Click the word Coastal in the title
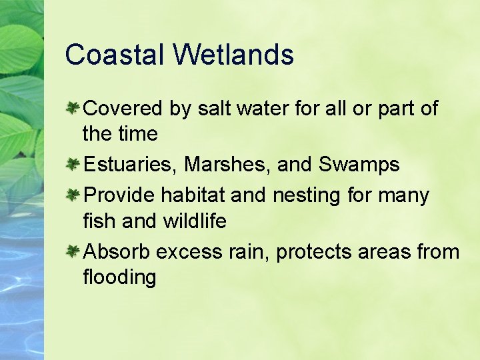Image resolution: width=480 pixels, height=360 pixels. click(114, 55)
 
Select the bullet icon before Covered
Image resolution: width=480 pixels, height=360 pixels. click(73, 108)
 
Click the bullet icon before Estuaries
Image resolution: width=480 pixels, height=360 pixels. click(73, 164)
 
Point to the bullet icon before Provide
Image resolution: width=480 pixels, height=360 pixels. click(73, 195)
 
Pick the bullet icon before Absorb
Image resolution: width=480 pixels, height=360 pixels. click(73, 251)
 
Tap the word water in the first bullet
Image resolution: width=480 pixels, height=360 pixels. click(274, 109)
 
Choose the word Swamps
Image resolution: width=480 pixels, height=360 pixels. click(359, 165)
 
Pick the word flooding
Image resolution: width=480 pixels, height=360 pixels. click(119, 277)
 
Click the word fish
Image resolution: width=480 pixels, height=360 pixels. click(99, 221)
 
